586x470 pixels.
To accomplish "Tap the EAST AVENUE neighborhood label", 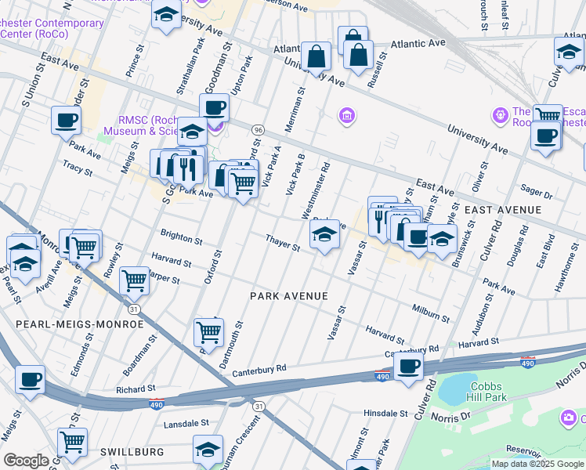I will (x=503, y=210).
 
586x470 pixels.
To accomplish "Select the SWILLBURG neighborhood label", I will (x=132, y=452).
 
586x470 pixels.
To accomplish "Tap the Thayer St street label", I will (x=283, y=243).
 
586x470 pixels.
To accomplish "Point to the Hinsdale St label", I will (x=385, y=413).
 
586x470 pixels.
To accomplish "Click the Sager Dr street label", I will (x=537, y=190).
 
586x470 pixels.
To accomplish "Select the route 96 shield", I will (x=257, y=129).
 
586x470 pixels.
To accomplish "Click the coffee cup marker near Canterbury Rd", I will (x=408, y=365).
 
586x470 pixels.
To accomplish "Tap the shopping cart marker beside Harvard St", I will (x=135, y=279).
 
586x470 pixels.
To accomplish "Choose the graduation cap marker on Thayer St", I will (x=324, y=233).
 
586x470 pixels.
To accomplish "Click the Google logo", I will (x=26, y=461).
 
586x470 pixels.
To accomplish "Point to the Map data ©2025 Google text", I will (x=537, y=464).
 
